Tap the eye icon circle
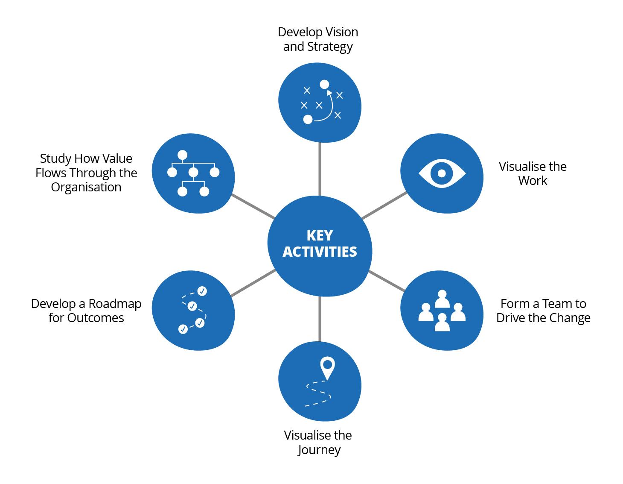442,174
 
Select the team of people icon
442,311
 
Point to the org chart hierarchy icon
193,173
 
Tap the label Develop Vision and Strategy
318,39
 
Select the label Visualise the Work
533,173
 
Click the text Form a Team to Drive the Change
543,311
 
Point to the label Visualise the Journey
318,442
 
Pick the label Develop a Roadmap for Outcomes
86,311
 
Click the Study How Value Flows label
86,173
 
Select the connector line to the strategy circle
320,169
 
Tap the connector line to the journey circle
320,318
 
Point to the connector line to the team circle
386,281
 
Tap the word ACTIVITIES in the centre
320,252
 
